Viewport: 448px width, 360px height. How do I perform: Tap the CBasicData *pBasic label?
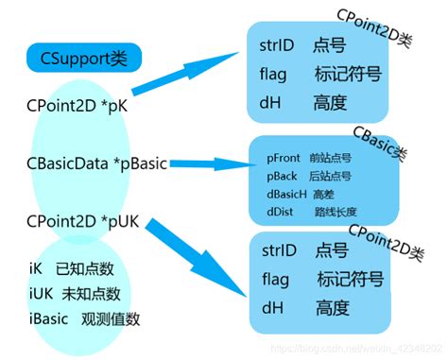pos(97,163)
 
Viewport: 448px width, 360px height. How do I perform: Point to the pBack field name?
pos(283,176)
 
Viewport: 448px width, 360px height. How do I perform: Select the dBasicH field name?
pos(289,193)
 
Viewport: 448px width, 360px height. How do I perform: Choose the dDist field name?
pos(281,212)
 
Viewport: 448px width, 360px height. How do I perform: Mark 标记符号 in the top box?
pos(349,73)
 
